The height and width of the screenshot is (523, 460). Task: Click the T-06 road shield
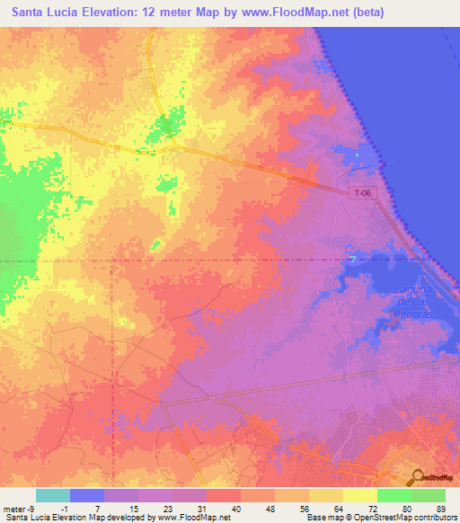[361, 191]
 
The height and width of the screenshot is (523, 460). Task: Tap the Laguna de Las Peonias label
[414, 302]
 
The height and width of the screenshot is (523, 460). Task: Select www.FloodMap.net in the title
[296, 12]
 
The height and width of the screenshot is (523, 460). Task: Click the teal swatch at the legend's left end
[52, 495]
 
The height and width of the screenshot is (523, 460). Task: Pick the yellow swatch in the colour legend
[359, 495]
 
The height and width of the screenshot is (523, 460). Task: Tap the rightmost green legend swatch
[428, 495]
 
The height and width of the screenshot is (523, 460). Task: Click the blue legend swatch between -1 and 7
[86, 495]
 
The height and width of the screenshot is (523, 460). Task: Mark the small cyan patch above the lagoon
[352, 259]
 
